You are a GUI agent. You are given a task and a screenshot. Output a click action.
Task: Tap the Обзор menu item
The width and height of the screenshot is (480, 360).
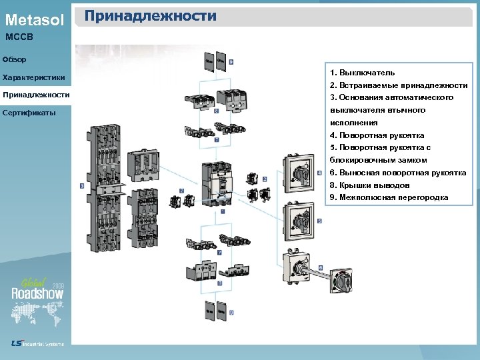point(15,60)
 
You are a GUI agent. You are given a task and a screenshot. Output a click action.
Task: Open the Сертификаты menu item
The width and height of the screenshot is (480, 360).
point(28,113)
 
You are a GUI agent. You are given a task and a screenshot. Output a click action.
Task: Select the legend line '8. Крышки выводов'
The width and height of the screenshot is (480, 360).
point(369,185)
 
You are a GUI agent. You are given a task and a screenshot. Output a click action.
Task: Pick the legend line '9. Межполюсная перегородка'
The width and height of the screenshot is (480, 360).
point(389,198)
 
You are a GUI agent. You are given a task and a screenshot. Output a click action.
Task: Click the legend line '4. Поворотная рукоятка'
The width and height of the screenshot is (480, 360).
point(377,135)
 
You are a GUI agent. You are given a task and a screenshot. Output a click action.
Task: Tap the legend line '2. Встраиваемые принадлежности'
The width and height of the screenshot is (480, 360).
point(398,85)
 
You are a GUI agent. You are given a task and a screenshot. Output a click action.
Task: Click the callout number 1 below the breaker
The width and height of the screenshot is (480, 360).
point(222,211)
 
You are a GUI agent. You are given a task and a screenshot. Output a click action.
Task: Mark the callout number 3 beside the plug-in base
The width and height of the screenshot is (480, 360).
point(81,186)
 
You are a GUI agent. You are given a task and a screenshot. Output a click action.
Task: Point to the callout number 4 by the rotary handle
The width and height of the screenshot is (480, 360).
point(319,173)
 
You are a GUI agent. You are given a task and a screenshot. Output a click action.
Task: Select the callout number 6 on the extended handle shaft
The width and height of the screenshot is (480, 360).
point(320,267)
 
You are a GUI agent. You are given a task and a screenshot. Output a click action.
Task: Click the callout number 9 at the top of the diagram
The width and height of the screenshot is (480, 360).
point(231,61)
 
